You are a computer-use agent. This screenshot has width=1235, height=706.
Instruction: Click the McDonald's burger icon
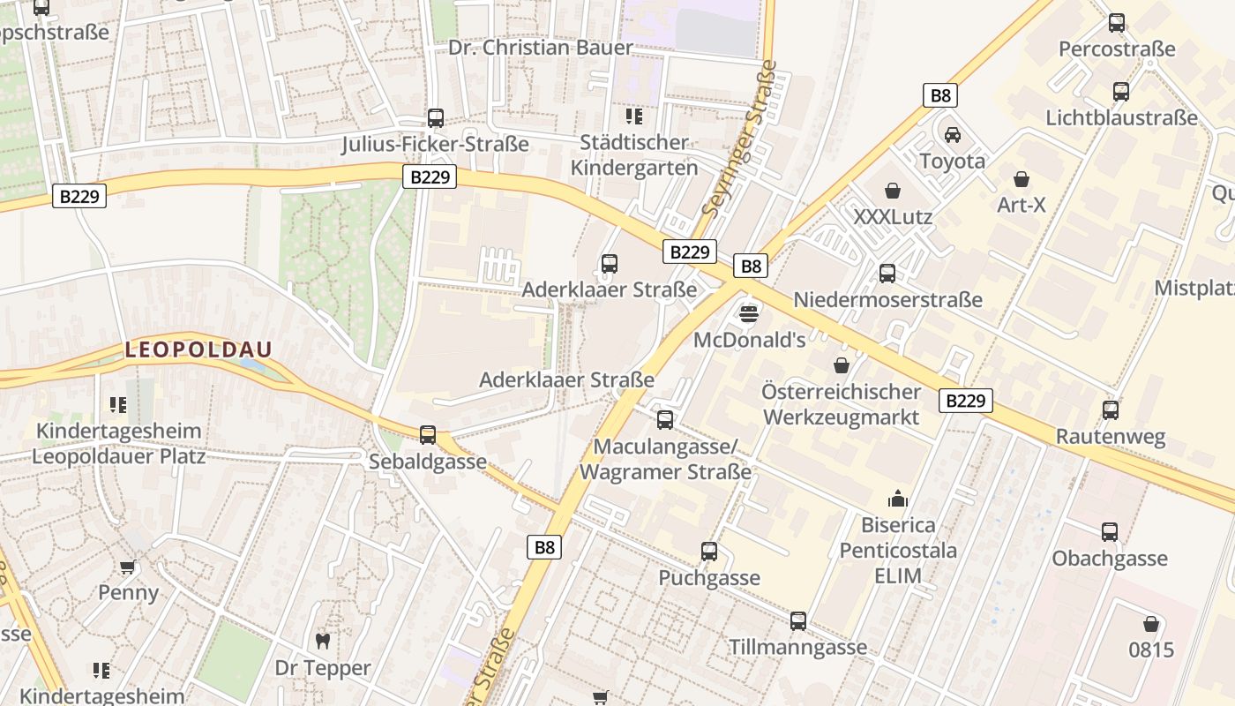point(749,313)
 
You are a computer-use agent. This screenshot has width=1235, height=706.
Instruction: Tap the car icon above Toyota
point(952,135)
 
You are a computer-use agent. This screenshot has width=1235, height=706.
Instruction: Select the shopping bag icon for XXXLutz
point(893,190)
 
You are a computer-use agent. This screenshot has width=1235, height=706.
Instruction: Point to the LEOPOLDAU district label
point(198,349)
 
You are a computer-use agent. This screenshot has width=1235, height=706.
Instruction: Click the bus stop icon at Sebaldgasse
point(428,434)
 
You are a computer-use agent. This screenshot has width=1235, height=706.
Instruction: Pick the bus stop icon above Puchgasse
point(708,552)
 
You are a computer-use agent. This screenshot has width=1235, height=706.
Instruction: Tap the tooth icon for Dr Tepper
point(323,642)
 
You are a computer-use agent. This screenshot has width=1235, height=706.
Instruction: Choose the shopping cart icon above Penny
point(128,567)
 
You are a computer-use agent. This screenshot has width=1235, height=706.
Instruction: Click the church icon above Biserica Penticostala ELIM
point(898,499)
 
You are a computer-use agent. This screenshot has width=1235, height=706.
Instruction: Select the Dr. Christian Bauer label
point(541,48)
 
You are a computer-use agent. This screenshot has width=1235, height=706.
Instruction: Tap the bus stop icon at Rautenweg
point(1110,409)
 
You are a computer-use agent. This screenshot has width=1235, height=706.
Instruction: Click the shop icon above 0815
point(1150,624)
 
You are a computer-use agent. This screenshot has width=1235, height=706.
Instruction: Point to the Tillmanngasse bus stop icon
point(797,620)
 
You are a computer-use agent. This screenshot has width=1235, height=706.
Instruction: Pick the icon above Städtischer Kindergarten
point(633,116)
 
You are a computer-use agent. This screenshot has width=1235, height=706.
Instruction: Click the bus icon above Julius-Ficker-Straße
point(435,117)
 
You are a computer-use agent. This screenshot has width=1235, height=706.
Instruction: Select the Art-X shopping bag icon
point(1022,179)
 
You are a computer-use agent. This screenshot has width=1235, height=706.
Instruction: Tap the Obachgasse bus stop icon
point(1109,531)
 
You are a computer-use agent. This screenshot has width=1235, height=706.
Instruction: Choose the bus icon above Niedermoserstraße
point(887,273)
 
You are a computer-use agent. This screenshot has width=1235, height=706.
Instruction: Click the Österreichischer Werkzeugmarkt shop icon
point(842,364)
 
